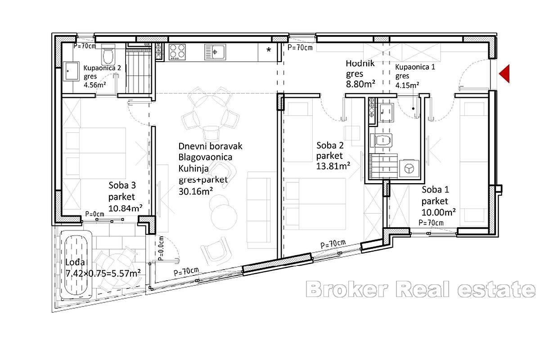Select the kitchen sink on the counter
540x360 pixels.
214,52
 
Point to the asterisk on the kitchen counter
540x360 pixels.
269,50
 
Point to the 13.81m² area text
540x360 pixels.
333,166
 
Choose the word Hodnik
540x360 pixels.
358,63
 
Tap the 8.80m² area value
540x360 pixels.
361,84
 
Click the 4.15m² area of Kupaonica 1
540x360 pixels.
407,84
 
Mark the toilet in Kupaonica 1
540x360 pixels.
381,140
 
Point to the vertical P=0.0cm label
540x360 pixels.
161,250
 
